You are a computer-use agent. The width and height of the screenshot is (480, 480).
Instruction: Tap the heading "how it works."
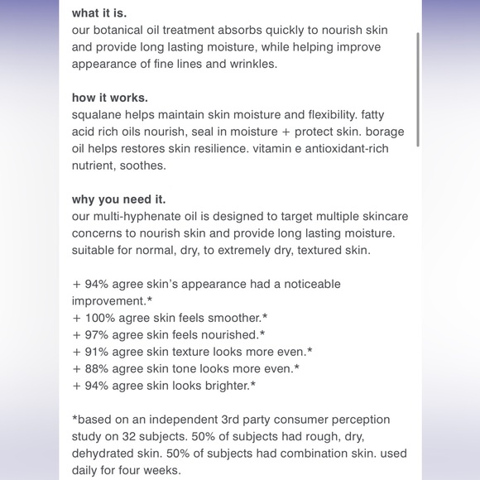click(111, 98)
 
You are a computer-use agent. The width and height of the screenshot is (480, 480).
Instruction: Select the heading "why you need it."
click(119, 199)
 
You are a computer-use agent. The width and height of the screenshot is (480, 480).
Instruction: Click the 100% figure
click(101, 318)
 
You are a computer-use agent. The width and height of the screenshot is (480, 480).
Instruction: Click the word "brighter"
click(225, 386)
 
